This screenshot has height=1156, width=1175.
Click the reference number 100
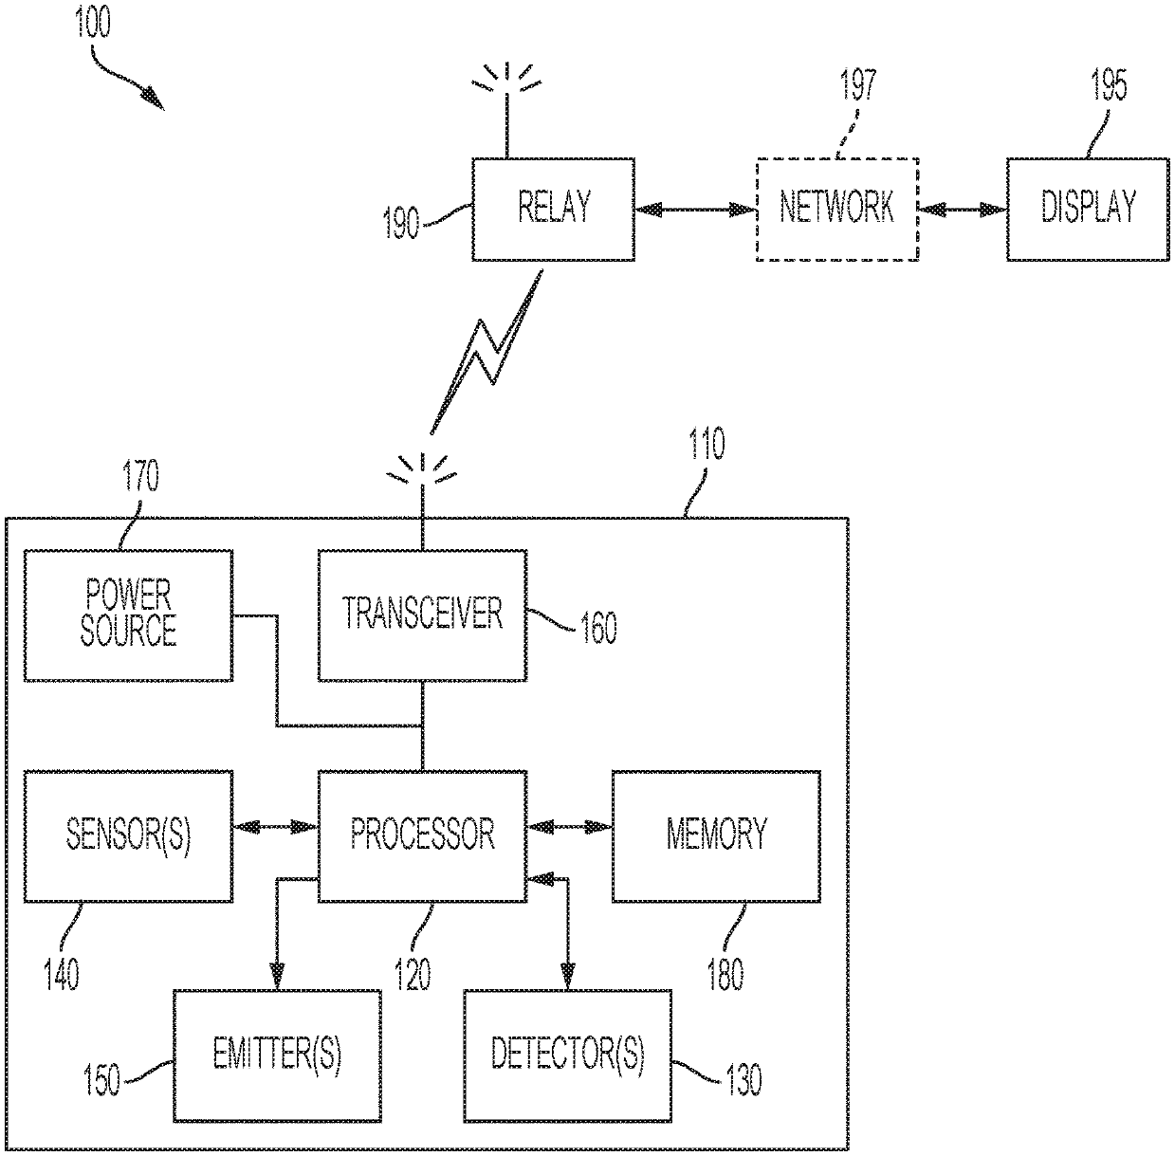tap(92, 23)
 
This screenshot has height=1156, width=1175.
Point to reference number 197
tap(858, 84)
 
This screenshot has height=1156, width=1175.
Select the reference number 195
tap(1109, 84)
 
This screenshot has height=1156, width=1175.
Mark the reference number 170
tap(141, 476)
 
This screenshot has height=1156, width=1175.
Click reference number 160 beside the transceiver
tap(598, 628)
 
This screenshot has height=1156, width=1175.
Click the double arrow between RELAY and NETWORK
tap(696, 210)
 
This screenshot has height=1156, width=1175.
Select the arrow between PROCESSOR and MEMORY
tap(570, 827)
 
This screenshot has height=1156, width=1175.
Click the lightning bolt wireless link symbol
tap(486, 353)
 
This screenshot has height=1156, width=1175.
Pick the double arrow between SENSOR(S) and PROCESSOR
tap(276, 827)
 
